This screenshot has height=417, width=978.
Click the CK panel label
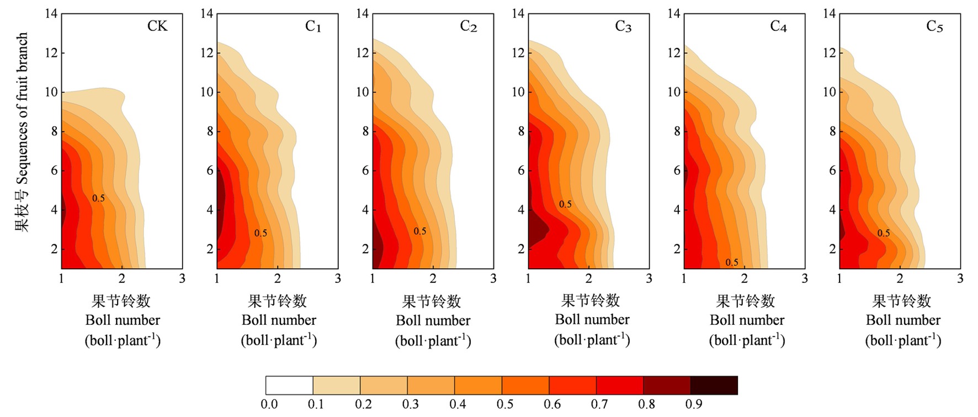(x=157, y=26)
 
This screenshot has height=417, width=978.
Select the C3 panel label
(x=623, y=26)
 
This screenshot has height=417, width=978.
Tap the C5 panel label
(x=934, y=26)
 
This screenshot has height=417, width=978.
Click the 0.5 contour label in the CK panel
(x=98, y=198)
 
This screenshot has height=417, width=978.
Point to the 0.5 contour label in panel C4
(x=732, y=263)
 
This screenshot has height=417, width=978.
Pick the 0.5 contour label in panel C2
(x=420, y=231)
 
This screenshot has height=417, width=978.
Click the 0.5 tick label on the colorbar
(x=505, y=404)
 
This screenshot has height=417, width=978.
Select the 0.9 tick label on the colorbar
(x=694, y=404)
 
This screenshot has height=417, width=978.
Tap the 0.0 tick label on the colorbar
(x=269, y=404)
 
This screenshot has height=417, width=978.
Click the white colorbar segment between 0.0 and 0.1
(x=289, y=386)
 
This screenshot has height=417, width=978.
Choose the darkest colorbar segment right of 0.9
(x=714, y=386)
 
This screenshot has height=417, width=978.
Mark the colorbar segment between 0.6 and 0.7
(x=572, y=386)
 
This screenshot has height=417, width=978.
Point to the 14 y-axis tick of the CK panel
(x=51, y=13)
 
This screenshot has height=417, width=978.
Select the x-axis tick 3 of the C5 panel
(x=960, y=279)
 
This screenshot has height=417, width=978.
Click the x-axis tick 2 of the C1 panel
(x=278, y=279)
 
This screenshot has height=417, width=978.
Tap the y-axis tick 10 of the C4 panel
(x=673, y=92)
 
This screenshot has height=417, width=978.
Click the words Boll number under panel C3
(x=592, y=320)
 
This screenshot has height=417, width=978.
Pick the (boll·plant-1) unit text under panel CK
(x=123, y=340)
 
